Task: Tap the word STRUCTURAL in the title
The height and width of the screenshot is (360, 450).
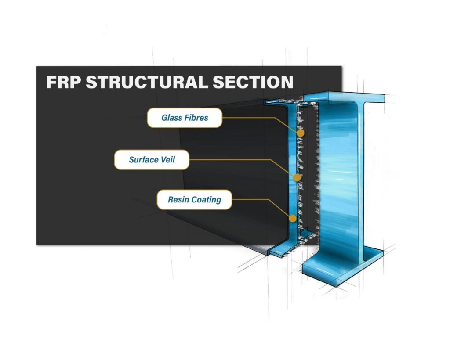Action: [147, 82]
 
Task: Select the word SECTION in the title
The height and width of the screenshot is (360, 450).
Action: [253, 82]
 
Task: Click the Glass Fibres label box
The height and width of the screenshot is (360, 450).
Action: [185, 118]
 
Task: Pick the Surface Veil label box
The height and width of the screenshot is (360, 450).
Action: [152, 160]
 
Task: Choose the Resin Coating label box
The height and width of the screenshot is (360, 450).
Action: [194, 199]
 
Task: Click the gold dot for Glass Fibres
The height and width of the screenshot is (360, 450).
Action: [301, 133]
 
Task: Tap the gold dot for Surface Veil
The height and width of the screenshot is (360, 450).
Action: [297, 178]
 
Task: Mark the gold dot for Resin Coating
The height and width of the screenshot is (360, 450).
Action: [292, 218]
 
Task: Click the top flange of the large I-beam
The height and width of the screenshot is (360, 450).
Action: [345, 97]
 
